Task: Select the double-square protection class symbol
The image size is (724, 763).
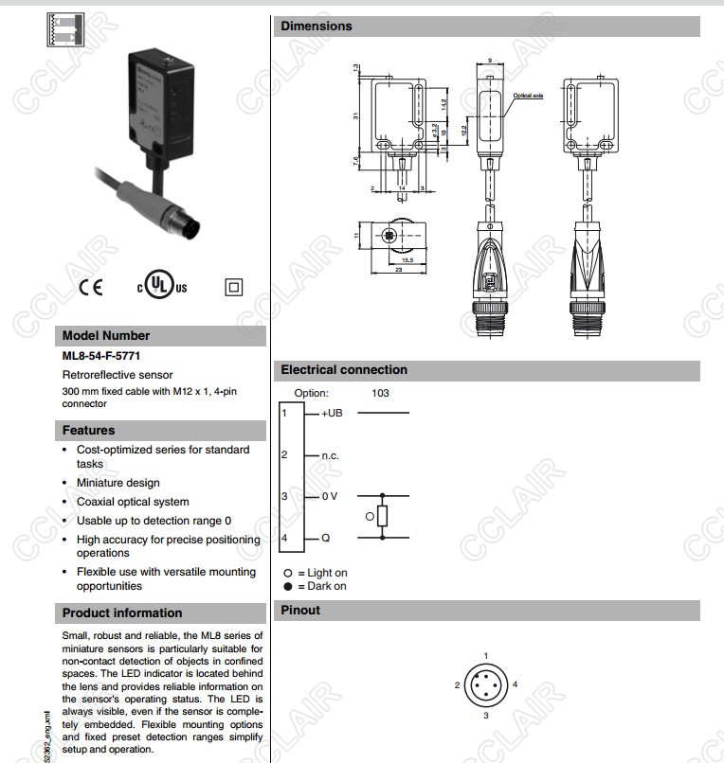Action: pyautogui.click(x=233, y=287)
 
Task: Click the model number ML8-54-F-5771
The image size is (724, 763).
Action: pyautogui.click(x=102, y=357)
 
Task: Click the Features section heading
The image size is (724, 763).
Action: pyautogui.click(x=88, y=430)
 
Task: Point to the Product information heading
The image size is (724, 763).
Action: pyautogui.click(x=121, y=612)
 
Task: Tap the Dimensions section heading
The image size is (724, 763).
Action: pyautogui.click(x=317, y=27)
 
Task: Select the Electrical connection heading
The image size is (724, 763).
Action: pyautogui.click(x=344, y=370)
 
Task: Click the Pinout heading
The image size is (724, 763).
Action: pyautogui.click(x=300, y=611)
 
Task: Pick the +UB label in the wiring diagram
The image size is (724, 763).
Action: pyautogui.click(x=332, y=414)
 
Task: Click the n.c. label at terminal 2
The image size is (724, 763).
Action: pyautogui.click(x=330, y=455)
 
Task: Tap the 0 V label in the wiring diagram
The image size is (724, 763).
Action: pyautogui.click(x=329, y=496)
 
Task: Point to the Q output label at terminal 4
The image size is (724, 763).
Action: pyautogui.click(x=325, y=538)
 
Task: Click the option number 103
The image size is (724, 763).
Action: pyautogui.click(x=380, y=393)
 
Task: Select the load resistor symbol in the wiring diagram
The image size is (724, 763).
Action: pyautogui.click(x=382, y=516)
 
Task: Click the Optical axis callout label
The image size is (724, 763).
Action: pyautogui.click(x=528, y=96)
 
